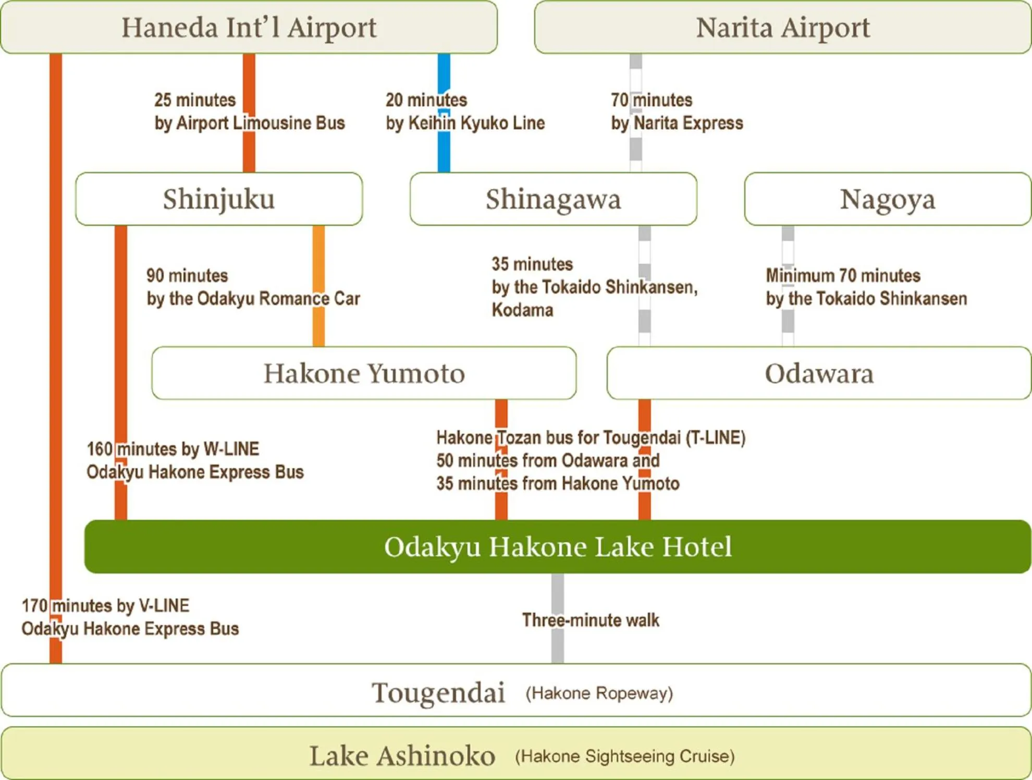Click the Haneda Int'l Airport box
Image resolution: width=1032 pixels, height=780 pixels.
(x=249, y=27)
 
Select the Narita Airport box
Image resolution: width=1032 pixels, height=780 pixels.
(x=782, y=27)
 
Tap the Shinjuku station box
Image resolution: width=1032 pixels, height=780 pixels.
(x=219, y=199)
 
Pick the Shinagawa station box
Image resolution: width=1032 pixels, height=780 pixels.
(x=553, y=199)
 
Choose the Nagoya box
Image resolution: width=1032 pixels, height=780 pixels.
(x=888, y=199)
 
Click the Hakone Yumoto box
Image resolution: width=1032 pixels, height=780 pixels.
(x=364, y=373)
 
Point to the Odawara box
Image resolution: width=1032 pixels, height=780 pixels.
(x=819, y=373)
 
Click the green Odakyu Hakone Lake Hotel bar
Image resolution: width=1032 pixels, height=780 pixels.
(x=558, y=546)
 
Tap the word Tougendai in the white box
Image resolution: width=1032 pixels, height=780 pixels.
(x=438, y=692)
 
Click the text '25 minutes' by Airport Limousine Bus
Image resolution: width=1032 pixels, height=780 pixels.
(x=195, y=100)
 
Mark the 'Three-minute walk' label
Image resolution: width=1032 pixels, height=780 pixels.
(x=591, y=620)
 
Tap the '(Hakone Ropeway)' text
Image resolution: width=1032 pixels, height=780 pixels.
(x=599, y=693)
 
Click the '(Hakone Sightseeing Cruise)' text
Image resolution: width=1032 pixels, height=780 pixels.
(x=624, y=756)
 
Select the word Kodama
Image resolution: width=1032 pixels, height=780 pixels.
(x=522, y=310)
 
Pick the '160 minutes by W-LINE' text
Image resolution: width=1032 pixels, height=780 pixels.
(x=173, y=449)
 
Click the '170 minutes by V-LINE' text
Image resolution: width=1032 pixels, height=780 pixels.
(x=105, y=605)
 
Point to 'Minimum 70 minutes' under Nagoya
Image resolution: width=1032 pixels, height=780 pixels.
(x=843, y=275)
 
